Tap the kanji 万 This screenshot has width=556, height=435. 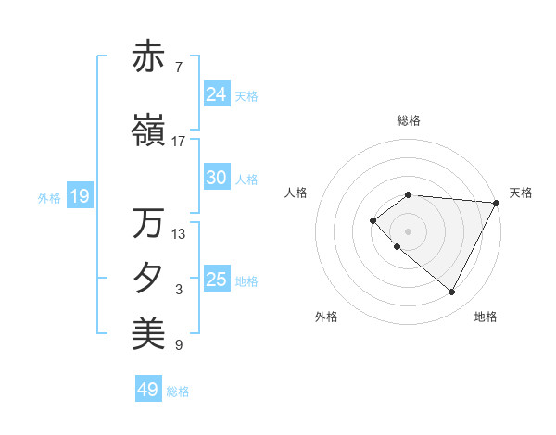pyautogui.click(x=148, y=223)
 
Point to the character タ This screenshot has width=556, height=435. pyautogui.click(x=148, y=278)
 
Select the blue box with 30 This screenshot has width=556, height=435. pyautogui.click(x=217, y=179)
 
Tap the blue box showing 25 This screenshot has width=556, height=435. pyautogui.click(x=217, y=280)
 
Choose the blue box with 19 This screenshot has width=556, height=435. pyautogui.click(x=79, y=196)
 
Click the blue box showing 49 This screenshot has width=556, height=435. pyautogui.click(x=148, y=390)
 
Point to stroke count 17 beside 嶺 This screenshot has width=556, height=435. pyautogui.click(x=179, y=142)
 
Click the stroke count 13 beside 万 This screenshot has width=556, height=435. pyautogui.click(x=179, y=233)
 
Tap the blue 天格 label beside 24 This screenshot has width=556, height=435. pyautogui.click(x=246, y=95)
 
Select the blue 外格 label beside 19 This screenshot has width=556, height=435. pyautogui.click(x=49, y=198)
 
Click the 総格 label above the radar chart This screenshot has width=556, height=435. pyautogui.click(x=409, y=120)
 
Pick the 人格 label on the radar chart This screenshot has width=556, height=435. pyautogui.click(x=297, y=193)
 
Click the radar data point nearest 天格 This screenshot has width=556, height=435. pyautogui.click(x=497, y=203)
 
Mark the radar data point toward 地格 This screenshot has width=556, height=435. pyautogui.click(x=451, y=292)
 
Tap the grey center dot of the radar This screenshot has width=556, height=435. pyautogui.click(x=409, y=230)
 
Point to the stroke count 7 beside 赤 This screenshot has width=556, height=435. pyautogui.click(x=178, y=67)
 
